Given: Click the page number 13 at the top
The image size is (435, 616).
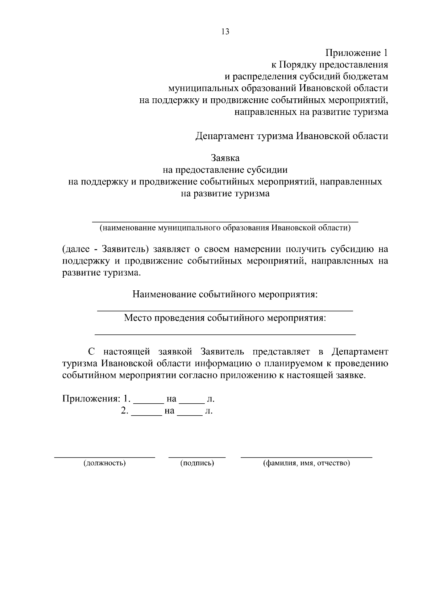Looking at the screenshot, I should tap(225, 32).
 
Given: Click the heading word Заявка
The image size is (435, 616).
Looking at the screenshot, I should tap(225, 158).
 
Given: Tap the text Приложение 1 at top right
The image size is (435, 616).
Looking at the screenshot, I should tap(357, 53).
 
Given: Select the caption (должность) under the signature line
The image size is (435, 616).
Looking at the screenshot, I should tap(105, 463).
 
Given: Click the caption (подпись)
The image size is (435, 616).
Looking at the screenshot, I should tap(197, 463).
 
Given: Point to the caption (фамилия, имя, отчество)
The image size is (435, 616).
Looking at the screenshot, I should tap(306, 463).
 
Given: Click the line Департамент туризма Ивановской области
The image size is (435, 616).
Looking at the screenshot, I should tap(292, 136).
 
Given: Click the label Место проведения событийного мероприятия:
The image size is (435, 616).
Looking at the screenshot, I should tap(225, 318).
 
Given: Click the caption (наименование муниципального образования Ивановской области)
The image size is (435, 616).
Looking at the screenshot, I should tap(225, 228).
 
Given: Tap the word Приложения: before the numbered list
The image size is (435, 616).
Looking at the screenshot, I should tap(91, 399).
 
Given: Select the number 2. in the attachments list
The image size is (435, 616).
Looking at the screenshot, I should tap(125, 411).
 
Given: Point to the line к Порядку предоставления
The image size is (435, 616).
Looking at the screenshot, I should tap(330, 65).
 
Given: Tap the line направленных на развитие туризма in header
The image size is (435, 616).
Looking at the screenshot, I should tap(311, 112).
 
